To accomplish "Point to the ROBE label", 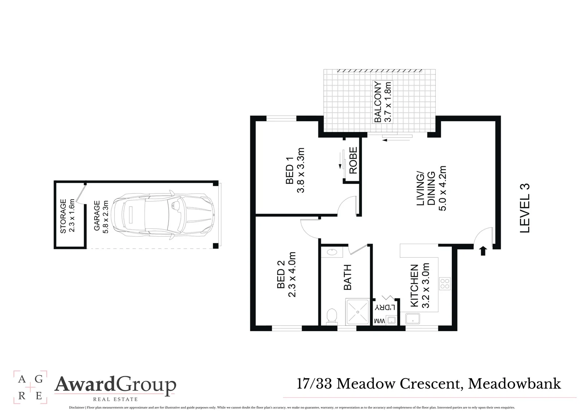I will [x=353, y=161].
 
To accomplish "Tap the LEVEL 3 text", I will [x=525, y=208].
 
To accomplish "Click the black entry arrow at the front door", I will [x=483, y=251].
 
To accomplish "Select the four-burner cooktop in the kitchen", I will [x=445, y=284].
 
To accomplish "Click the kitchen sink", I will [x=413, y=319].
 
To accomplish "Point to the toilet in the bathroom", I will [x=332, y=316].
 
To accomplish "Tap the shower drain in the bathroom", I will [x=358, y=312].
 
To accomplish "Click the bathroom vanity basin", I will [x=332, y=252].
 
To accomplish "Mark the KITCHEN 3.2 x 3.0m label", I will [x=419, y=286].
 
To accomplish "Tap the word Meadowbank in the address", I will [x=514, y=384].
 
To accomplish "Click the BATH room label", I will [x=347, y=277].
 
